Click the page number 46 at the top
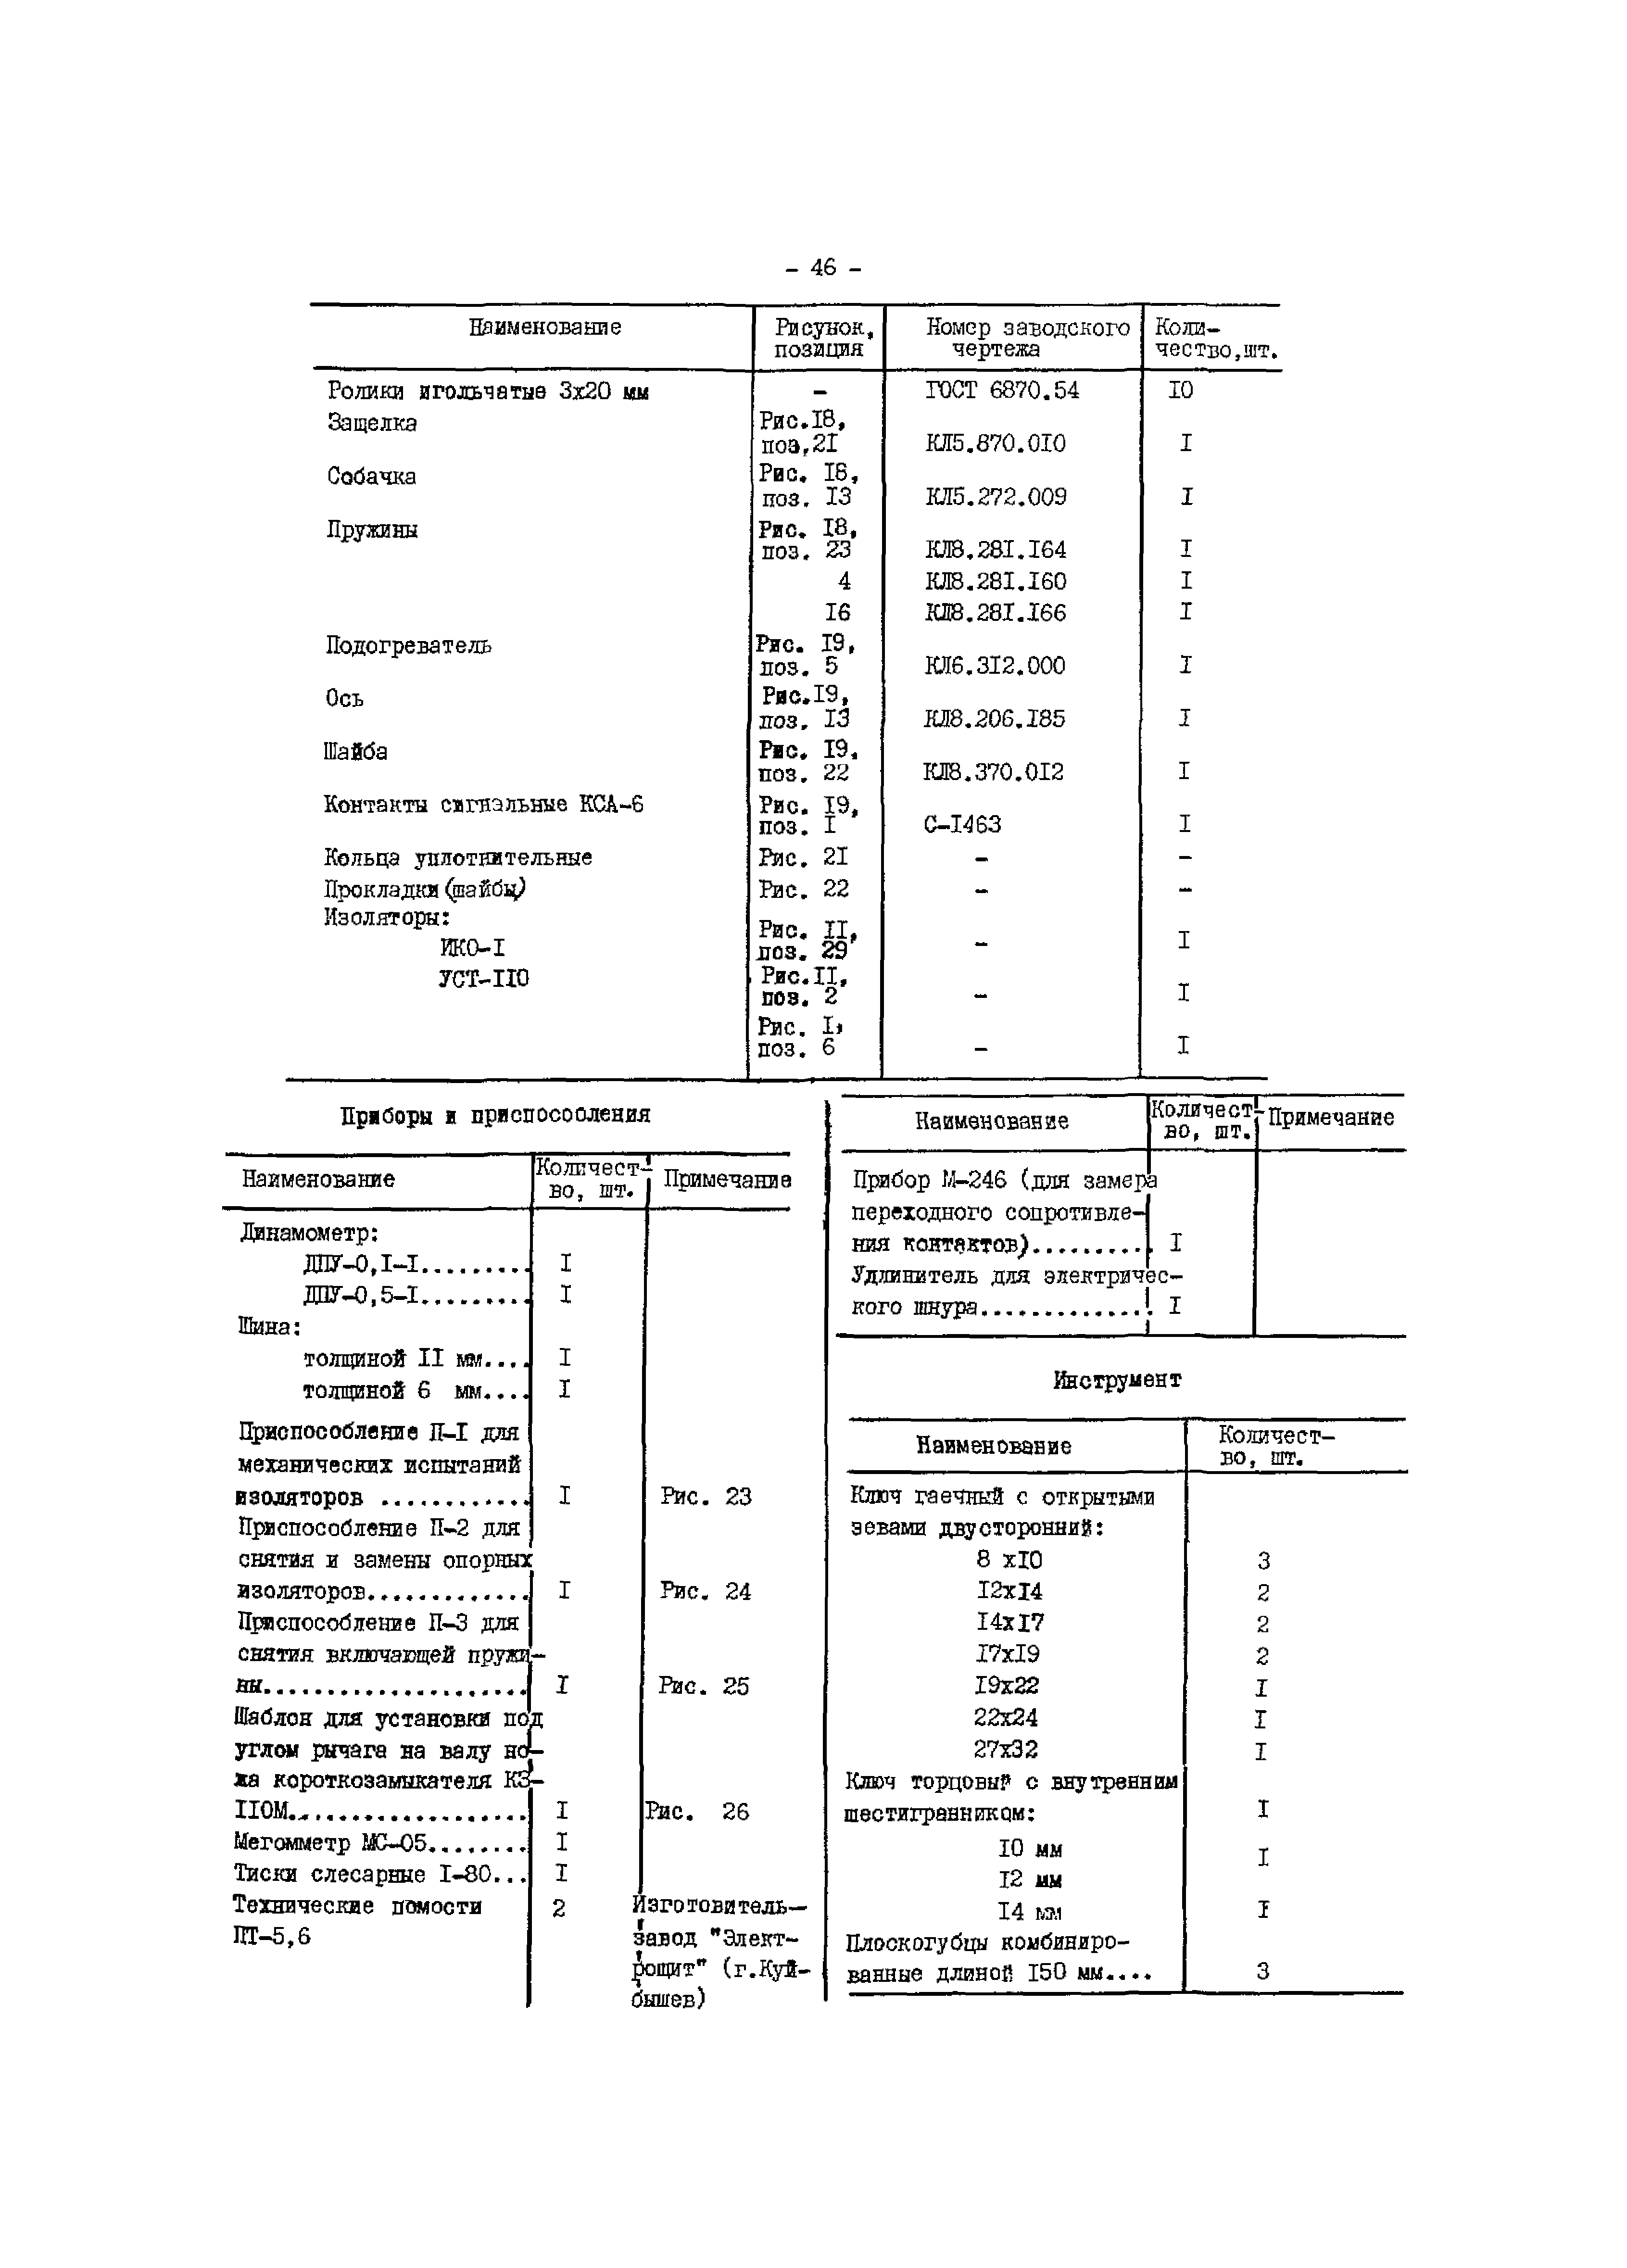tap(823, 268)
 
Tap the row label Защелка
tap(372, 423)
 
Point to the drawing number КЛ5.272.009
tap(996, 497)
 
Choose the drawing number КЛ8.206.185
tap(995, 719)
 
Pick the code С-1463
tap(963, 825)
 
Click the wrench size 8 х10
tap(1009, 1560)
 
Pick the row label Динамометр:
tap(309, 1233)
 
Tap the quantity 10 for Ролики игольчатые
tap(1181, 391)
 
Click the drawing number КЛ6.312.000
tap(995, 666)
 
